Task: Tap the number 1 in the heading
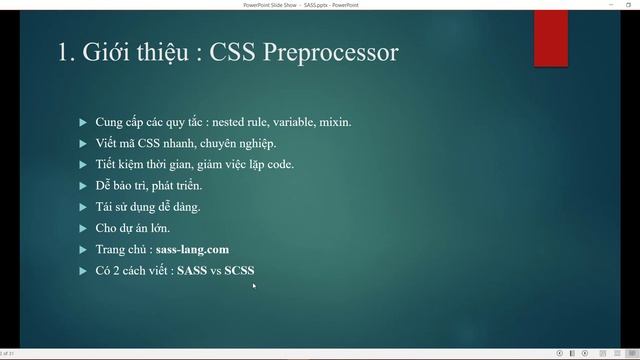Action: pyautogui.click(x=64, y=51)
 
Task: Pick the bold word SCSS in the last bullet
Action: pyautogui.click(x=239, y=270)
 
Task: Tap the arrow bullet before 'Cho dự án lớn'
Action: pyautogui.click(x=82, y=228)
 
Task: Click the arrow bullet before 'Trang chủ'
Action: pyautogui.click(x=82, y=249)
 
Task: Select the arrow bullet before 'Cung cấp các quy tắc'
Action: pyautogui.click(x=82, y=122)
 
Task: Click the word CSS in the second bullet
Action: pyautogui.click(x=144, y=143)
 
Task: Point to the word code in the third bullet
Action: pyautogui.click(x=279, y=164)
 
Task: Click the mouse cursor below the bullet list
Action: pyautogui.click(x=254, y=286)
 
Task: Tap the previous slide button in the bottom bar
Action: pyautogui.click(x=560, y=353)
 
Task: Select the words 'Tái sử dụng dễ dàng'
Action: pyautogui.click(x=147, y=207)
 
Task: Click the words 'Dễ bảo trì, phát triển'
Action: pyautogui.click(x=149, y=186)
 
